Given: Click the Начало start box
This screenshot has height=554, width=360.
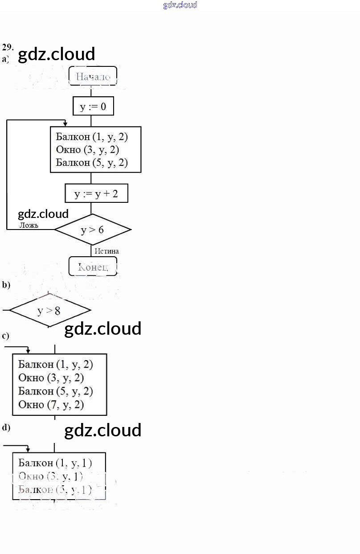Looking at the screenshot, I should [93, 76].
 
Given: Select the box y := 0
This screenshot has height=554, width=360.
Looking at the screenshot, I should [93, 107].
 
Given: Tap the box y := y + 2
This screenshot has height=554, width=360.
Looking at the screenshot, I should [96, 194].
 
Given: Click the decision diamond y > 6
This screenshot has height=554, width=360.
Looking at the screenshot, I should [93, 230].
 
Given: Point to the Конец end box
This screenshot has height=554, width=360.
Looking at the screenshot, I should [93, 267].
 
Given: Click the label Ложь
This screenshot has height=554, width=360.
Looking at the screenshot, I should [29, 225].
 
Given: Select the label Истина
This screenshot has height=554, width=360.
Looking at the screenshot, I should [106, 251].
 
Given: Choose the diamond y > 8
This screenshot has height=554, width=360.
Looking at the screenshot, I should [49, 310].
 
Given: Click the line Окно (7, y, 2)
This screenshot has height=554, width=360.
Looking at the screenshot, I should [51, 405].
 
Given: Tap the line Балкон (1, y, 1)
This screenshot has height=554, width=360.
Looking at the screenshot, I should [55, 463].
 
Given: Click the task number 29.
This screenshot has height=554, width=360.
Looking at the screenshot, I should [8, 47].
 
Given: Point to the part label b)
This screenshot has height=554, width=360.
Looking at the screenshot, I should [6, 285].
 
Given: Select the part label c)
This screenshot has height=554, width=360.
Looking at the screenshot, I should [6, 336].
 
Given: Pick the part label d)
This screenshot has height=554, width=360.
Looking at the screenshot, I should [6, 427].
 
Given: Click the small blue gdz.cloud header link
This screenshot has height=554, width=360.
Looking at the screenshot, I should [180, 5].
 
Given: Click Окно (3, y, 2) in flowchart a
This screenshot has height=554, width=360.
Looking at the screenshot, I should [87, 149].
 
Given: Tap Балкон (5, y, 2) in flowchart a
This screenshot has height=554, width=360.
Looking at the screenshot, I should [92, 163].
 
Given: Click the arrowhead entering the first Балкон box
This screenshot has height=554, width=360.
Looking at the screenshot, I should [65, 124].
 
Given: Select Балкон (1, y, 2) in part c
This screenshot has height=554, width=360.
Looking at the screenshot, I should [56, 364].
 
